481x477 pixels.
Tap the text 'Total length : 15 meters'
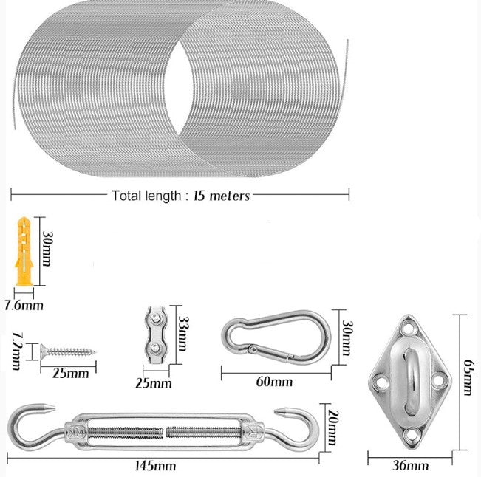[180, 196]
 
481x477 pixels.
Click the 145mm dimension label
[155, 466]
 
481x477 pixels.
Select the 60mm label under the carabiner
[273, 382]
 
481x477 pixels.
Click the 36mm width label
[411, 465]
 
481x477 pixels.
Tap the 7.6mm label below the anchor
[24, 304]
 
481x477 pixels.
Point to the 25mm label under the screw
[71, 373]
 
